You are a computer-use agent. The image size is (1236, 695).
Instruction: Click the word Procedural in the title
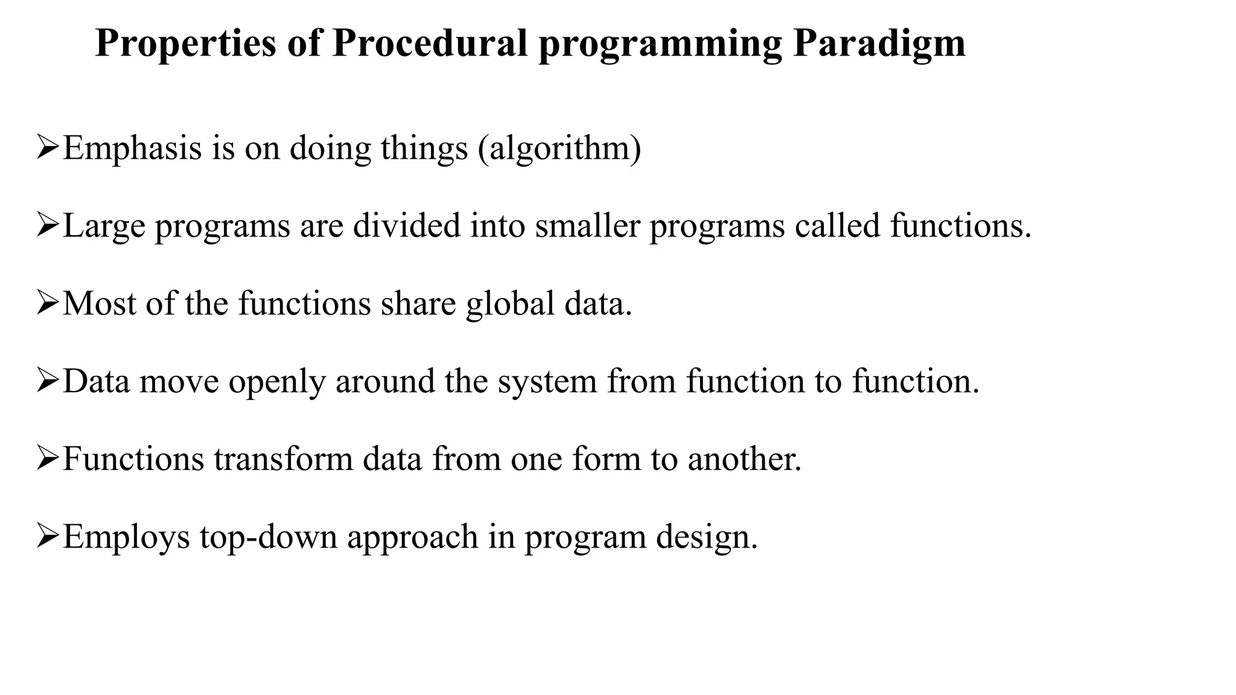[430, 43]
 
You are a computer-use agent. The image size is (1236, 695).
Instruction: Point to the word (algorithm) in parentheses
[559, 148]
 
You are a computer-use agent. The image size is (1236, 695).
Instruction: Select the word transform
[283, 459]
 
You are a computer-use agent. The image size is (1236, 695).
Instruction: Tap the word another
[744, 459]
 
